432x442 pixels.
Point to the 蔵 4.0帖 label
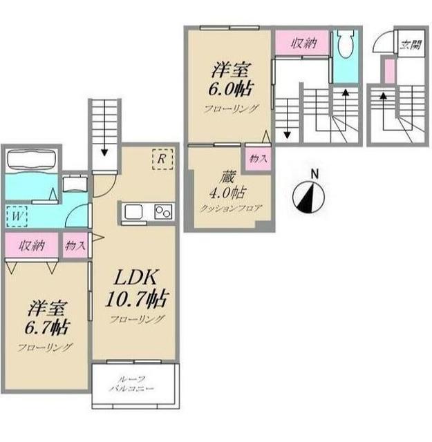(227, 185)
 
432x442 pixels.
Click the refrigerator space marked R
(162, 160)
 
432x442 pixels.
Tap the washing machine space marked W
(17, 216)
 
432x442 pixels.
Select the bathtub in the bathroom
(31, 160)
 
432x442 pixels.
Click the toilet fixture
(346, 43)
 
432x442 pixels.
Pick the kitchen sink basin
(133, 211)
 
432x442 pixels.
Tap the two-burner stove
(164, 212)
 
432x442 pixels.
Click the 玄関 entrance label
(411, 44)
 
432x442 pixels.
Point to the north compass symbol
(308, 193)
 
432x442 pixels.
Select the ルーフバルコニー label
(132, 384)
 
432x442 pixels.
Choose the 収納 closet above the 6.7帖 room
(32, 245)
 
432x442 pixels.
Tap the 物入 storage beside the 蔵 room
(259, 158)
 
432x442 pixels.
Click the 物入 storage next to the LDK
(75, 245)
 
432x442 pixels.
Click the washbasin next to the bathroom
(75, 184)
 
